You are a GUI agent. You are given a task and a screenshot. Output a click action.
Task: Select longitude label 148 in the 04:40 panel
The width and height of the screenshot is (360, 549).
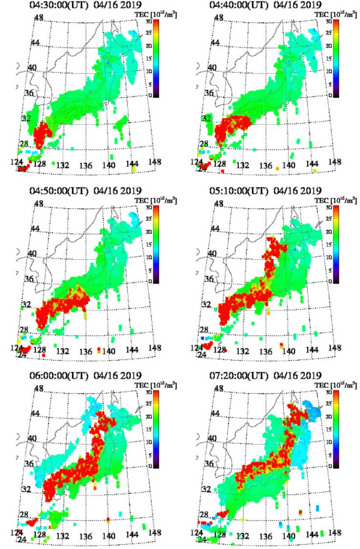tap(334, 161)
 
